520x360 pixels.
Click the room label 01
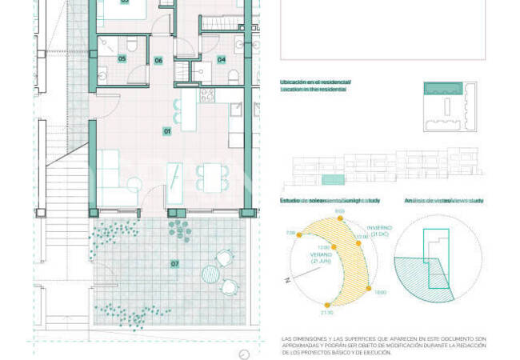click(x=167, y=130)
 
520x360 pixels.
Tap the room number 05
click(x=122, y=58)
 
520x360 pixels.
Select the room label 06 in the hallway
click(x=158, y=60)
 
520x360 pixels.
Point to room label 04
click(x=221, y=59)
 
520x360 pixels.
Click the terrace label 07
click(x=174, y=263)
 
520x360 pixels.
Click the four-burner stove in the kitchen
click(x=206, y=95)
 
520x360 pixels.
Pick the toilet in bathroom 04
click(x=232, y=75)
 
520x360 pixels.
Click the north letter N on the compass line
click(x=286, y=280)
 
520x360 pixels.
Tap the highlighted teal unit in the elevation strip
click(x=334, y=180)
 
